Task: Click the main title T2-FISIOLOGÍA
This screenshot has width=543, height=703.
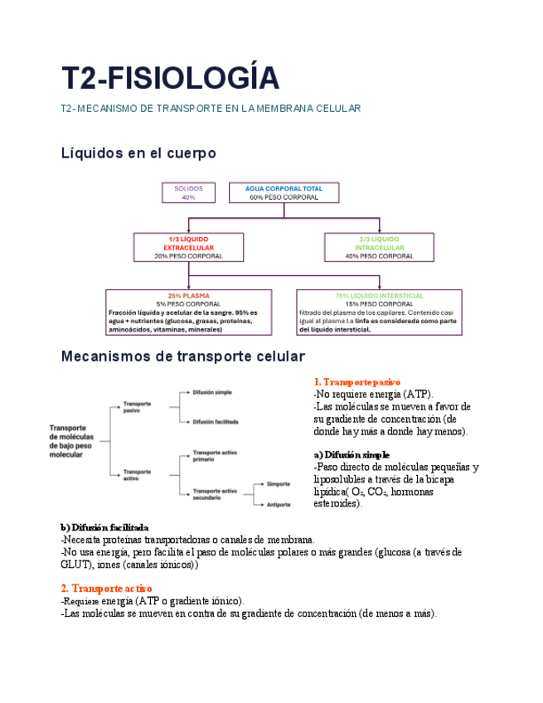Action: (170, 78)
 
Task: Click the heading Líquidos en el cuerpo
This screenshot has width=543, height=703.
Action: (138, 153)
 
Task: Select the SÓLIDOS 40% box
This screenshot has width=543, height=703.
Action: (188, 192)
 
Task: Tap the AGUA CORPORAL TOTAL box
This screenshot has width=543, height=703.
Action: (284, 192)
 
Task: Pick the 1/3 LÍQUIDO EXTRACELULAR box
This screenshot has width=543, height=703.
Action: (188, 247)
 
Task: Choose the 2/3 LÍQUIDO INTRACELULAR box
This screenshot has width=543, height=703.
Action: (379, 247)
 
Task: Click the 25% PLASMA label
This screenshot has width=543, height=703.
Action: (188, 295)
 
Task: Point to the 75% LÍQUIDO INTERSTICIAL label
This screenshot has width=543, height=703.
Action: (379, 295)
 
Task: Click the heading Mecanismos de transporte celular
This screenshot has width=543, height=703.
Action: (183, 356)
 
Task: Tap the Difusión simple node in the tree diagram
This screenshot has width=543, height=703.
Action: (212, 392)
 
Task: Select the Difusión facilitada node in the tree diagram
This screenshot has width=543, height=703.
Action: (216, 421)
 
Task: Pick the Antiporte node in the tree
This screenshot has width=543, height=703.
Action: (278, 504)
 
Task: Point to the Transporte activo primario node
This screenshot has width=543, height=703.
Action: (215, 456)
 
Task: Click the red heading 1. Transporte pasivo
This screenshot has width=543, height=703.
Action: (351, 382)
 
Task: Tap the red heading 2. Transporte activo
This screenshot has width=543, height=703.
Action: (106, 588)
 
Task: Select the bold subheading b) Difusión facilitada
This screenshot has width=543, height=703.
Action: (104, 527)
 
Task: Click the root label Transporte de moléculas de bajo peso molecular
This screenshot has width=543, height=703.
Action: (71, 437)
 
